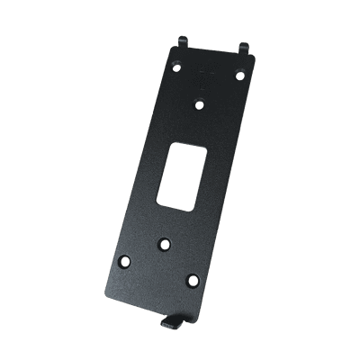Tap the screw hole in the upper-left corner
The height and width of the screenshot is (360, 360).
tap(177, 67)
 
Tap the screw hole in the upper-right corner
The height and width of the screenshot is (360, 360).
tap(240, 75)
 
